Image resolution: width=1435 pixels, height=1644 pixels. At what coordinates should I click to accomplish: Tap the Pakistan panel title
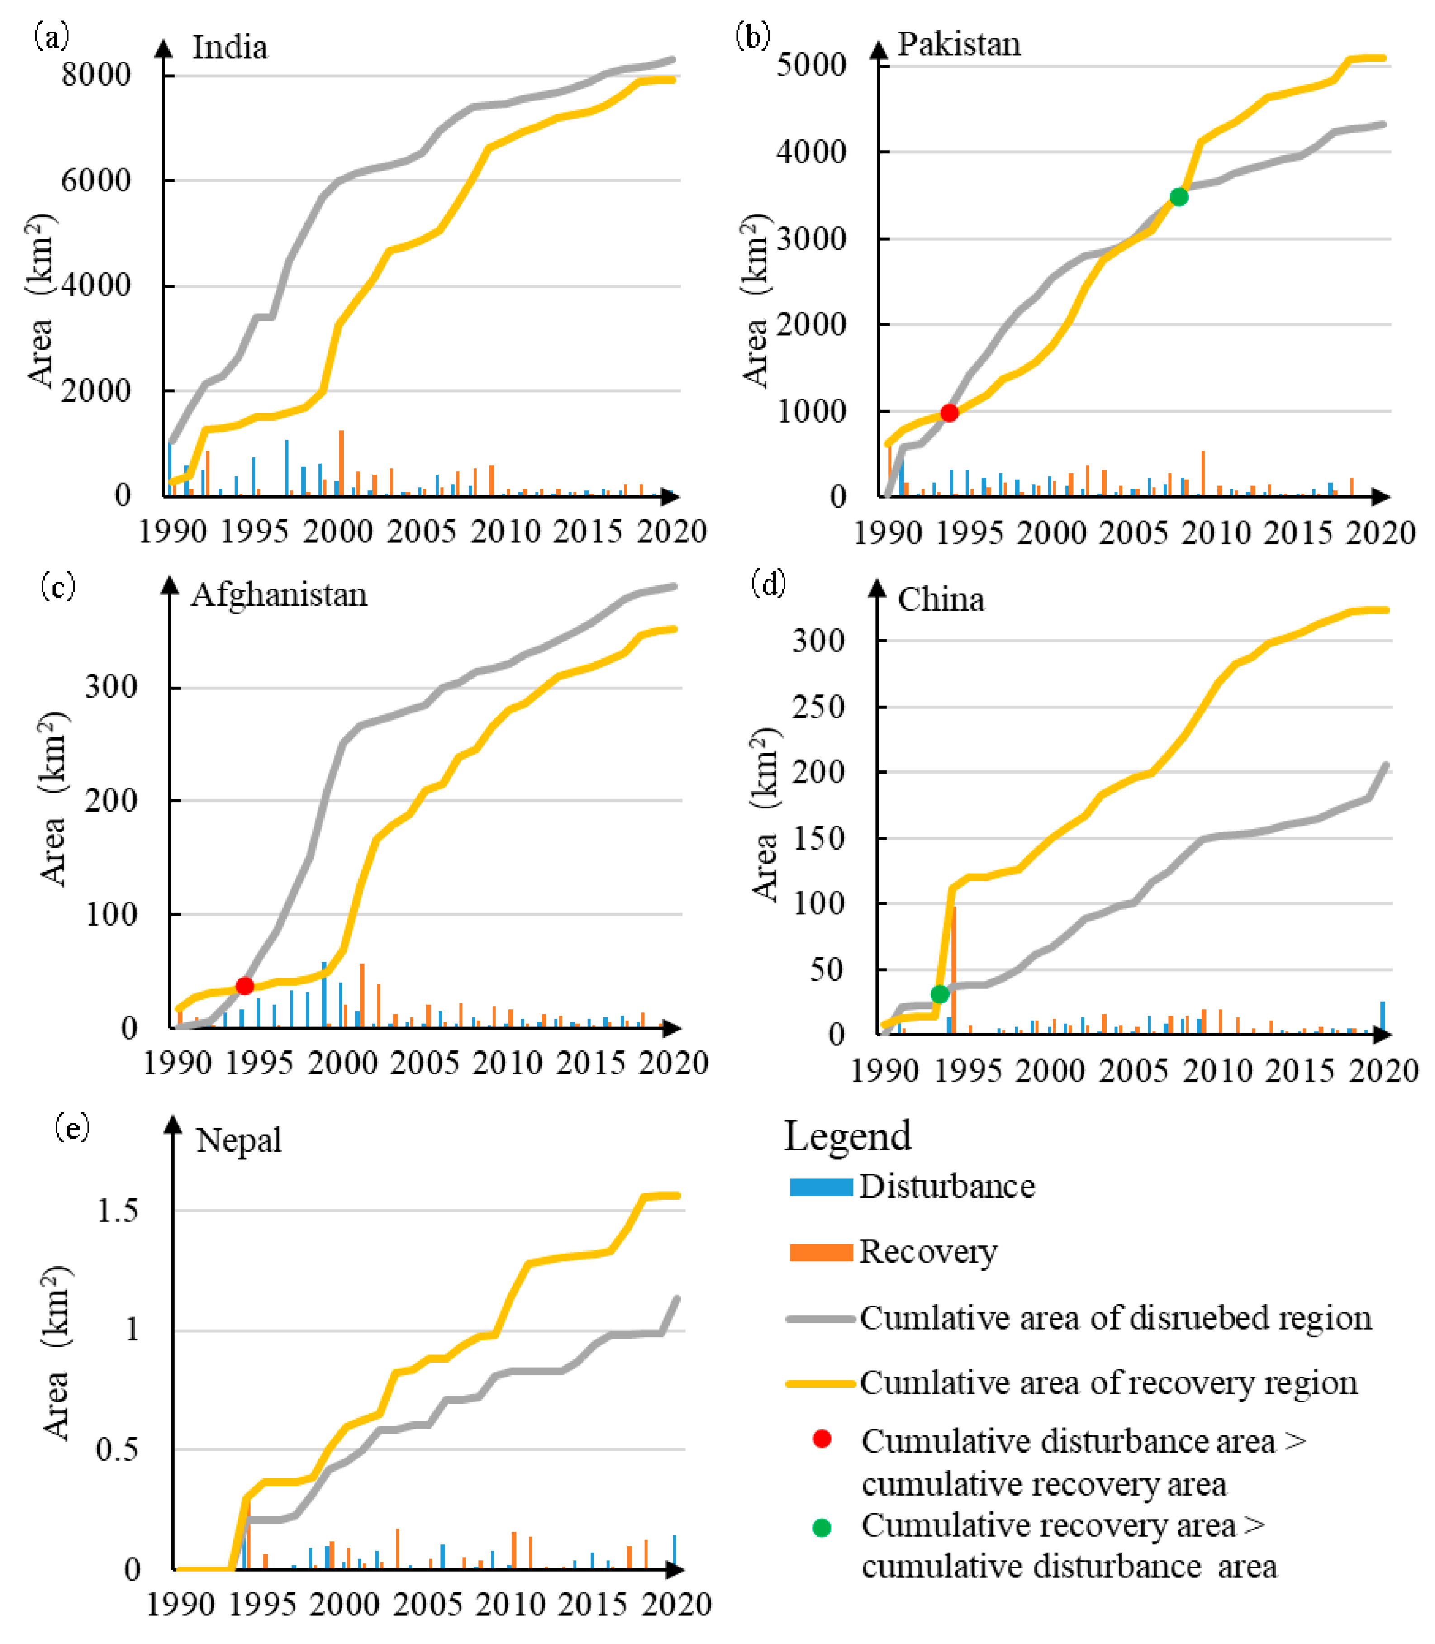(x=959, y=44)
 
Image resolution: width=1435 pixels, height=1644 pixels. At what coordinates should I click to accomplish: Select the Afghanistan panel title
(x=279, y=595)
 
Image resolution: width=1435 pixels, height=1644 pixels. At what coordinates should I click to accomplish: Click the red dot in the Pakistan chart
(x=949, y=413)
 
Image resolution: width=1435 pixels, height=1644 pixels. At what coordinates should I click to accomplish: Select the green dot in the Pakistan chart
(x=1178, y=197)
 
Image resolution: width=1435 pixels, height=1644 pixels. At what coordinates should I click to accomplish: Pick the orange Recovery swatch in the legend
(x=821, y=1252)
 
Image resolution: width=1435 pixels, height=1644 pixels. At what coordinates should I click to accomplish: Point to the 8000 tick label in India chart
(x=96, y=75)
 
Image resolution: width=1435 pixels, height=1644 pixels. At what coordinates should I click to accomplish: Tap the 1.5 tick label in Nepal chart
(x=117, y=1211)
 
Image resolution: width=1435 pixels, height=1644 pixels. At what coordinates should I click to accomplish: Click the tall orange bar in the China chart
(x=954, y=969)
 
